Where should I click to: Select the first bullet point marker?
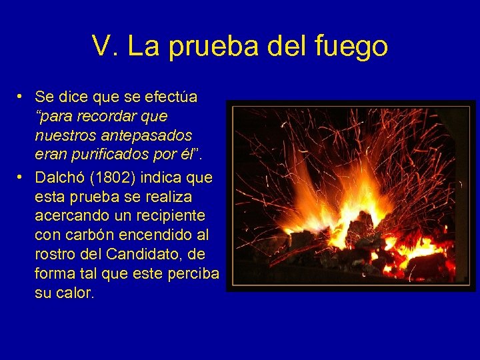(21, 97)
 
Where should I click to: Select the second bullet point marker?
(21, 178)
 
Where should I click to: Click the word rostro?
(55, 255)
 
